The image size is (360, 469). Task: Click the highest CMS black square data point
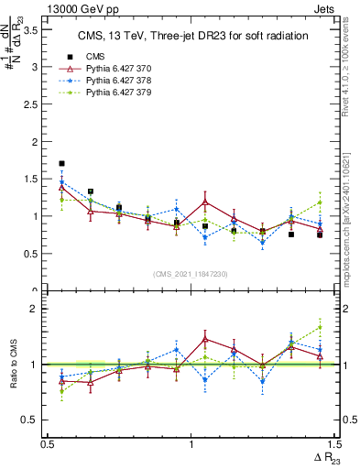tap(61, 164)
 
